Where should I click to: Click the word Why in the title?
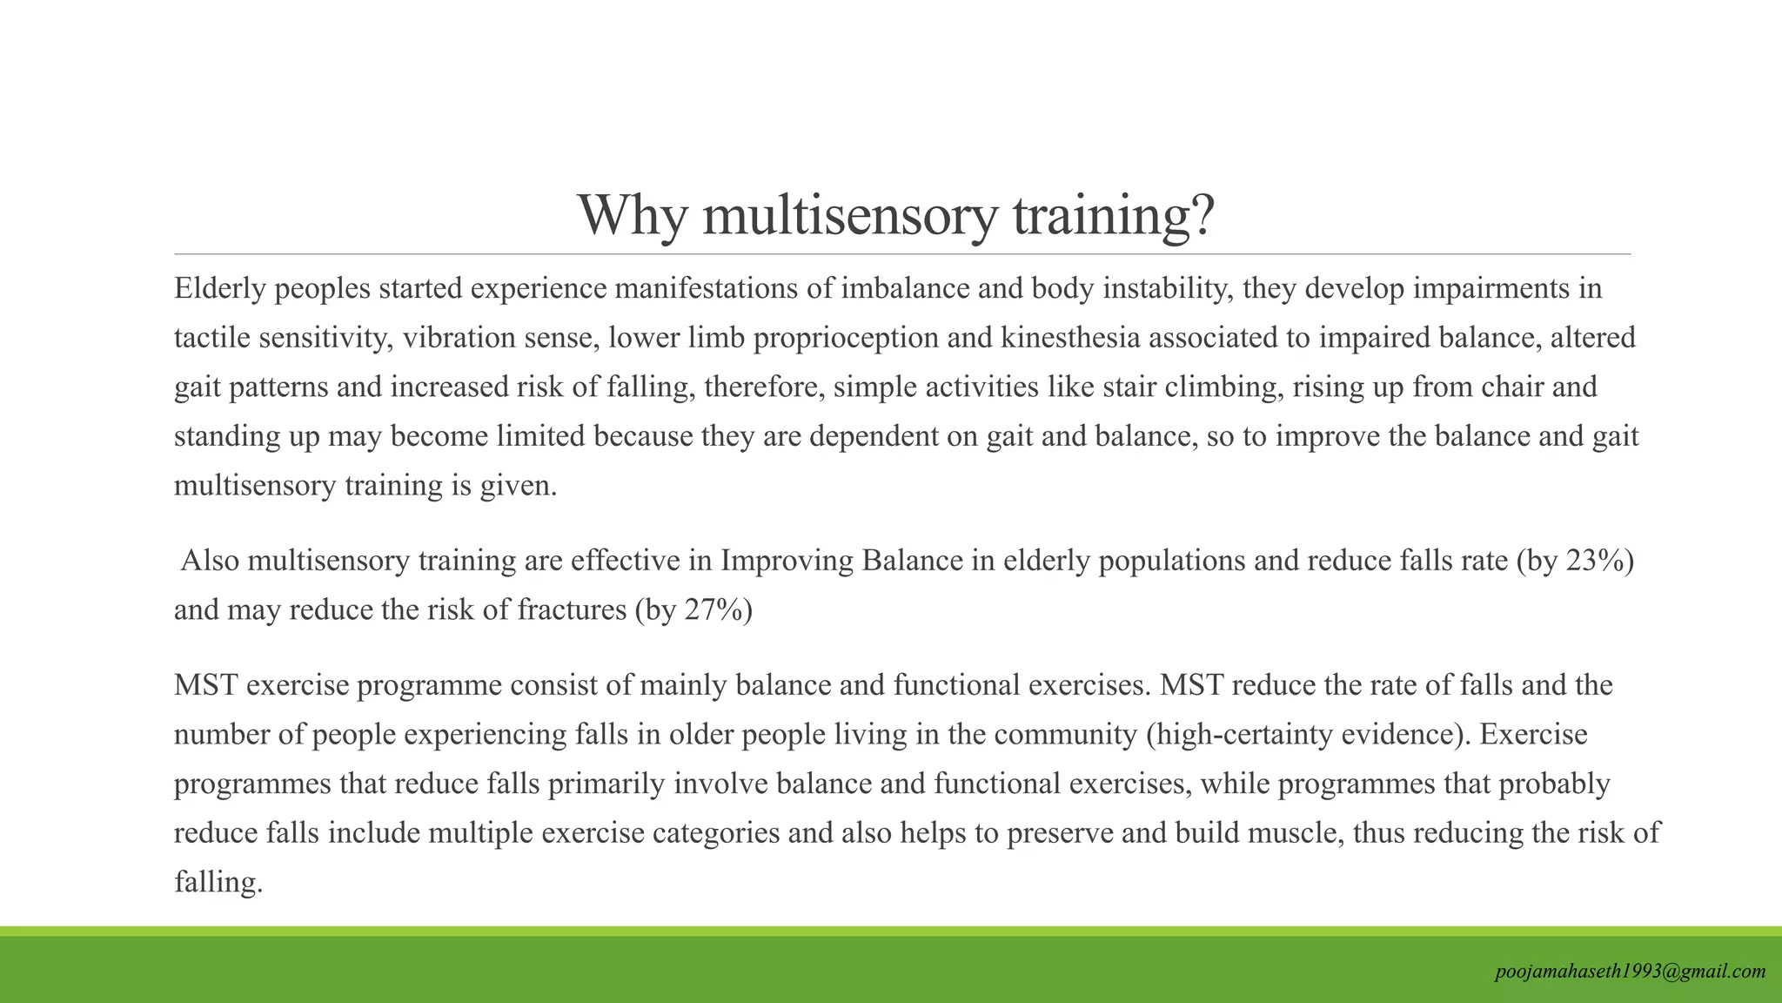click(x=633, y=215)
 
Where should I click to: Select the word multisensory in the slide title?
click(x=848, y=215)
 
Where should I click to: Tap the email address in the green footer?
click(x=1630, y=972)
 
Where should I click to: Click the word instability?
click(x=1168, y=288)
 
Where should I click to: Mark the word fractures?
click(x=572, y=610)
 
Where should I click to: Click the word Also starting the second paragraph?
click(x=210, y=561)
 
